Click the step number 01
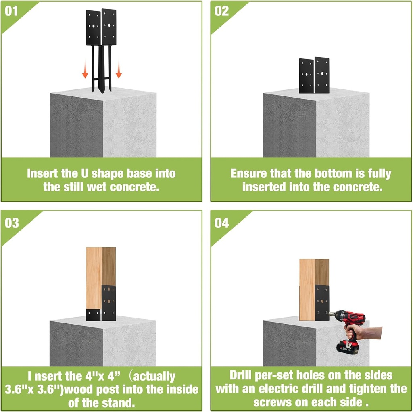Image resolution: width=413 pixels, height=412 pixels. pyautogui.click(x=11, y=11)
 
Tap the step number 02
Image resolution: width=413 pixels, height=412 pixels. pyautogui.click(x=221, y=11)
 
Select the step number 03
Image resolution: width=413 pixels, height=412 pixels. pyautogui.click(x=12, y=223)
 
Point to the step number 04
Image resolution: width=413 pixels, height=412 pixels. pyautogui.click(x=221, y=223)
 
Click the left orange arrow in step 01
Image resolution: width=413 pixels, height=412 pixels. pyautogui.click(x=85, y=69)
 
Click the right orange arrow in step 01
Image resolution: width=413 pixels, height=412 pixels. pyautogui.click(x=119, y=69)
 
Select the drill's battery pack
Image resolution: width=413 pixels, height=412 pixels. pyautogui.click(x=348, y=347)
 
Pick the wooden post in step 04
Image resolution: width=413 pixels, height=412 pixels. pyautogui.click(x=314, y=289)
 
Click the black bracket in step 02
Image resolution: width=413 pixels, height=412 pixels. pyautogui.click(x=314, y=75)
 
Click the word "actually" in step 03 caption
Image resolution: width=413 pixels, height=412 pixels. pyautogui.click(x=154, y=377)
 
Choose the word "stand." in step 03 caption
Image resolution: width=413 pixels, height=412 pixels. pyautogui.click(x=120, y=403)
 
